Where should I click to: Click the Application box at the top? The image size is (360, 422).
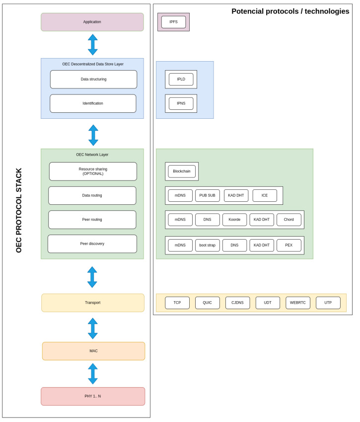tap(92, 22)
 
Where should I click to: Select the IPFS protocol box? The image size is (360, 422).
tap(173, 22)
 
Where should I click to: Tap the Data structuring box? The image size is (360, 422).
tap(93, 80)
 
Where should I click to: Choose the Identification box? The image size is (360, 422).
tap(93, 103)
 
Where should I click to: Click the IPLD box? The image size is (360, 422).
tap(181, 80)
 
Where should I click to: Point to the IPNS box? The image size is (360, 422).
tap(181, 103)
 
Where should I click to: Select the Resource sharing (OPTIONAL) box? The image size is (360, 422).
tap(93, 171)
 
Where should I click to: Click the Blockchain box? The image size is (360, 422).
tap(182, 171)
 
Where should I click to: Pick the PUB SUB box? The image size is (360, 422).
tap(207, 195)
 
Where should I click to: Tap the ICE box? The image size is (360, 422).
tap(265, 195)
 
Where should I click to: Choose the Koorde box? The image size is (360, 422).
tap(234, 220)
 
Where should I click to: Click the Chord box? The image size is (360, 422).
tap(288, 220)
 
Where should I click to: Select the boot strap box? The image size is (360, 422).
tap(207, 245)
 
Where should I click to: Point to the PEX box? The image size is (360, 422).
tap(288, 245)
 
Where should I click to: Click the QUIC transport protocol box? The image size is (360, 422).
tap(207, 303)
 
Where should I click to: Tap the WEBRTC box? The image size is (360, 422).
tap(298, 303)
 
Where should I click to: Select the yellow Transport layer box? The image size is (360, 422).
tap(93, 303)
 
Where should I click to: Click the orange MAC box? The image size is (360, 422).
tap(93, 351)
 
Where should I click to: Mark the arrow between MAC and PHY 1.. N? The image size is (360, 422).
tap(93, 374)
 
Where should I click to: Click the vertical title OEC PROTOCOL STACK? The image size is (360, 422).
tap(19, 210)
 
